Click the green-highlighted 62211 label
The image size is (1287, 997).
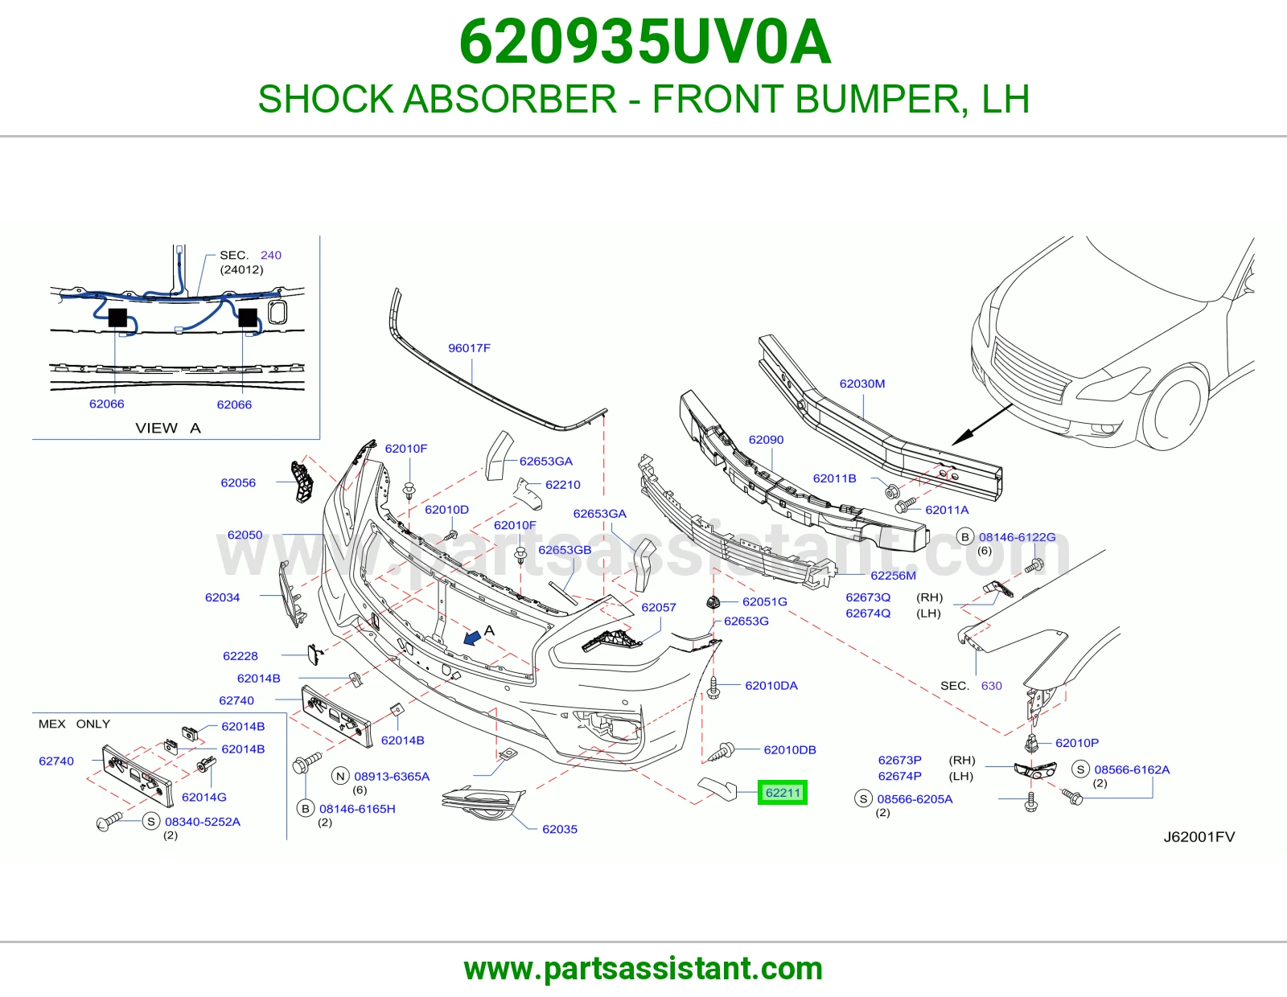point(783,793)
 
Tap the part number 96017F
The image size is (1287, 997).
point(469,348)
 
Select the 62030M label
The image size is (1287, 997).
point(862,384)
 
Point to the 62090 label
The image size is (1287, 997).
point(766,440)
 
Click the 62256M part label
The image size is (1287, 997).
point(893,576)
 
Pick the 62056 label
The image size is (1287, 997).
point(238,483)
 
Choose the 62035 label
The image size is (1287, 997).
point(560,830)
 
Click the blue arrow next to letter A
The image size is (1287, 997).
point(472,638)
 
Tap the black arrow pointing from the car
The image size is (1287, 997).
point(981,425)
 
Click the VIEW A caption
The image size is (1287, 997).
point(168,428)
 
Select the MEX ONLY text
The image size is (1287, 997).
point(74,724)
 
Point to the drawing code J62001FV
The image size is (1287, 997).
point(1199,837)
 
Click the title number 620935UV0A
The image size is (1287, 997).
point(644,42)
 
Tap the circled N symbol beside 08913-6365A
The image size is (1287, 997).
point(340,776)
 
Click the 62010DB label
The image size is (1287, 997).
point(790,750)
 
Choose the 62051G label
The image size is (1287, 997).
point(765,602)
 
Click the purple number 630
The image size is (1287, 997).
point(992,686)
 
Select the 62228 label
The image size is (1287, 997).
point(241,656)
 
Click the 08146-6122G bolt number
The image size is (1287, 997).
point(1017,537)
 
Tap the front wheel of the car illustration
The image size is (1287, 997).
point(1174,408)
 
